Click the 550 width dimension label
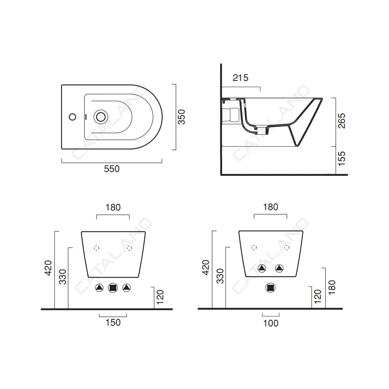pyautogui.click(x=112, y=169)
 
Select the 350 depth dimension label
pyautogui.click(x=182, y=117)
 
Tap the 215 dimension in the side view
pyautogui.click(x=240, y=78)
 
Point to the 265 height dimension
pyautogui.click(x=342, y=121)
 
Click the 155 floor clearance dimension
pyautogui.click(x=342, y=159)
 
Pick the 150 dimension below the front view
pyautogui.click(x=113, y=322)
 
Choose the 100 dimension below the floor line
pyautogui.click(x=271, y=323)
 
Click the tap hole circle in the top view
pyautogui.click(x=72, y=117)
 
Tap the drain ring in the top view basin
pyautogui.click(x=101, y=117)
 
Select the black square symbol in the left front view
pyautogui.click(x=113, y=288)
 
